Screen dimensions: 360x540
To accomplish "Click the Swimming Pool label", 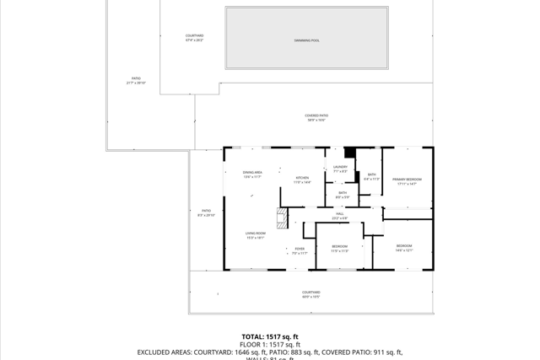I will click(x=307, y=40).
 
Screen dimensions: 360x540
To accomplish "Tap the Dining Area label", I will click(x=252, y=174).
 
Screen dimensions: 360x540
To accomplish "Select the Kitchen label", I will click(x=302, y=180).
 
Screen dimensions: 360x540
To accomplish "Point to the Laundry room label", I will click(x=341, y=169).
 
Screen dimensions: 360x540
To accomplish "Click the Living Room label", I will click(x=256, y=235).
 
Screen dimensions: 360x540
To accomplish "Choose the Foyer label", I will click(x=300, y=250).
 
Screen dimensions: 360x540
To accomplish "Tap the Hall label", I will click(x=340, y=215).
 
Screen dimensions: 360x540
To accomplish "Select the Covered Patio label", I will click(x=317, y=117).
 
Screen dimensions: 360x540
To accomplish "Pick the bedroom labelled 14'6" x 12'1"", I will click(x=404, y=247).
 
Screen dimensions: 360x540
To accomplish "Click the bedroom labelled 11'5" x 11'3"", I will click(x=339, y=248).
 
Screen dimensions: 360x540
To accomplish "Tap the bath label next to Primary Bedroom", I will click(x=371, y=176).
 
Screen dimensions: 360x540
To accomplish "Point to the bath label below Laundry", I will click(x=343, y=195).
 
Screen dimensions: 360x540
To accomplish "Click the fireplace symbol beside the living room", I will click(x=283, y=218).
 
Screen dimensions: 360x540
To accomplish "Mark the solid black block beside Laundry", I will click(x=350, y=153).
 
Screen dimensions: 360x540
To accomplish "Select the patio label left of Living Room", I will click(x=207, y=212).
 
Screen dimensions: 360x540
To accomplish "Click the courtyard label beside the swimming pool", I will click(x=195, y=37).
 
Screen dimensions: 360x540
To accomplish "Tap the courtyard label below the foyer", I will click(x=311, y=294).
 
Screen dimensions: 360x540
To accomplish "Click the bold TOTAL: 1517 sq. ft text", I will click(x=270, y=336).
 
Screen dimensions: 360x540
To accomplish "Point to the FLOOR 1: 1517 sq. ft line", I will click(x=270, y=344).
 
